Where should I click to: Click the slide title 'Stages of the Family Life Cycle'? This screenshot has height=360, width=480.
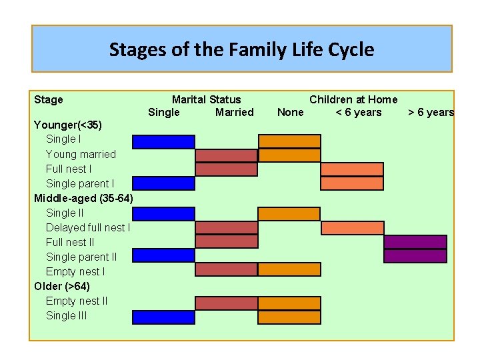[x=241, y=49]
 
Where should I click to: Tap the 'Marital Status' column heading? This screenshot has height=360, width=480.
[x=206, y=99]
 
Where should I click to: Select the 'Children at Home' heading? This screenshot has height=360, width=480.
[x=353, y=99]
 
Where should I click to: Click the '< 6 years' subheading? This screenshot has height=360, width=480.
[x=359, y=112]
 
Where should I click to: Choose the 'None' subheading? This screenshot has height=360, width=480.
[x=290, y=112]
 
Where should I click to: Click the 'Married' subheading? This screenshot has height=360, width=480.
[x=234, y=112]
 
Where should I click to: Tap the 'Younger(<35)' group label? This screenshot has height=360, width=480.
[x=68, y=125]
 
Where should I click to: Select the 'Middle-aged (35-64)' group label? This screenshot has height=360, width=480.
[x=83, y=198]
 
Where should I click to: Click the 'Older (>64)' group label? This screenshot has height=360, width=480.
[x=62, y=286]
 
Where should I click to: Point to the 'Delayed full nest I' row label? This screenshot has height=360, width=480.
[x=87, y=227]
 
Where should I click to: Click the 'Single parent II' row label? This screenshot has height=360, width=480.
[x=81, y=257]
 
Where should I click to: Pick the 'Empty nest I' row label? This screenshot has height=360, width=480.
[x=75, y=271]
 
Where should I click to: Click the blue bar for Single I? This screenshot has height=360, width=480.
[x=163, y=141]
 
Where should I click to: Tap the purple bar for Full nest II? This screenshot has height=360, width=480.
[x=415, y=242]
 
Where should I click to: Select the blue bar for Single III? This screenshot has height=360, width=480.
[x=163, y=317]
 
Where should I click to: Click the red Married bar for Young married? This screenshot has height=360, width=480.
[x=226, y=155]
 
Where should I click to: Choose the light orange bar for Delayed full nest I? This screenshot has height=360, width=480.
[x=352, y=228]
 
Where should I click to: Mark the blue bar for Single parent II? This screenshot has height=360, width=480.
[x=163, y=256]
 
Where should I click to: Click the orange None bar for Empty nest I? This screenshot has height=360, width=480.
[x=289, y=269]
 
